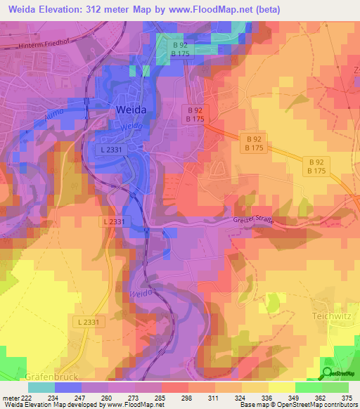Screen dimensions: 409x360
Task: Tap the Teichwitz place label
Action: click(x=332, y=316)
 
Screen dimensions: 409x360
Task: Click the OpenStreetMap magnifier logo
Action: click(x=327, y=373)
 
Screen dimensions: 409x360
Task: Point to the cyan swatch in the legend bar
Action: click(x=41, y=387)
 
